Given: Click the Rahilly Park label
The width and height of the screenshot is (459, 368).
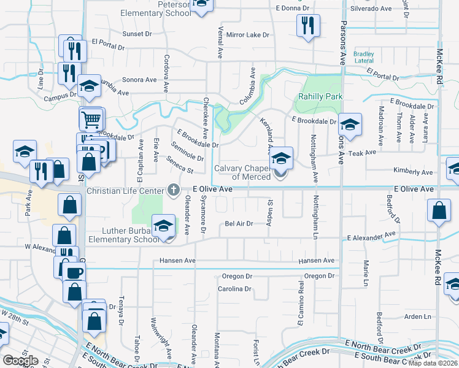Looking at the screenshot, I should [x=320, y=97].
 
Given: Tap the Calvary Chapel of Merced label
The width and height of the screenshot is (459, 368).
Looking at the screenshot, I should [x=242, y=173].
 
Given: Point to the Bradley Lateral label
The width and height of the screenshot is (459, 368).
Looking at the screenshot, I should [x=364, y=58].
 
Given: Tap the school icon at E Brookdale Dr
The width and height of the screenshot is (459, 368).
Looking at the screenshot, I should [x=350, y=125].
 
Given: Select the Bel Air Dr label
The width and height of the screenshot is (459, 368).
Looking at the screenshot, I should [x=239, y=224].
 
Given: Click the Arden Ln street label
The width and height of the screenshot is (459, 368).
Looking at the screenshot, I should [x=418, y=316].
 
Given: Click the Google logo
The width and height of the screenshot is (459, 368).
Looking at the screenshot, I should [x=20, y=360].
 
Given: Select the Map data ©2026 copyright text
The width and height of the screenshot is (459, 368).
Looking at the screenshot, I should [x=433, y=363].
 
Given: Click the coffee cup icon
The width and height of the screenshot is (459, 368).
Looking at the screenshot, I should [x=73, y=273].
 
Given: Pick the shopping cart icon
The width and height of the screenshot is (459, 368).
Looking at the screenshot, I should [x=91, y=118].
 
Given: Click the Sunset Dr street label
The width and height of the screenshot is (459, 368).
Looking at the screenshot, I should [x=136, y=34].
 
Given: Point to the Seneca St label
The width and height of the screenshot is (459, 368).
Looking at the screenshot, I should [x=182, y=164].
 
